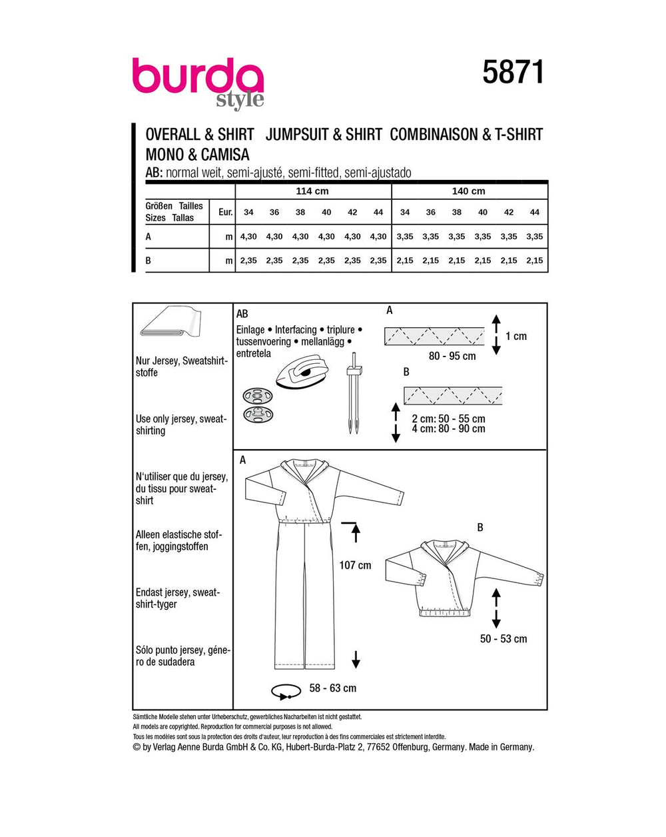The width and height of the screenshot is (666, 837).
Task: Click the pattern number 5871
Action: coord(513,73)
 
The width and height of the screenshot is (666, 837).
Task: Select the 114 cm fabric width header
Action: coord(312,191)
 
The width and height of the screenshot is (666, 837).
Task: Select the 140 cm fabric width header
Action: coord(469,191)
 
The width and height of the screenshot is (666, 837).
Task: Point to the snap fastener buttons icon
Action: coord(257,405)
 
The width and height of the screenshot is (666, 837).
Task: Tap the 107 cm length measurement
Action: coord(355,565)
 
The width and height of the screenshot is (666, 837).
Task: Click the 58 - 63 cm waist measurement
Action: coord(332,688)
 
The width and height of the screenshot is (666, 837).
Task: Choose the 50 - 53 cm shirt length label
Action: coord(503,638)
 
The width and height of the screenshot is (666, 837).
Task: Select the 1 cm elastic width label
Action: coord(515,336)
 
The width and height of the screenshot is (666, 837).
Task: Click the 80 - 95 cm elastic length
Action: coord(452,356)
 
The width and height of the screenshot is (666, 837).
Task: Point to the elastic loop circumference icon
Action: coord(286,690)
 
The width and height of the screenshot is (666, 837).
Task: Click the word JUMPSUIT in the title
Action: coord(298,135)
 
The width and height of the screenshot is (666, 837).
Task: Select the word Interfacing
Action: coord(296,330)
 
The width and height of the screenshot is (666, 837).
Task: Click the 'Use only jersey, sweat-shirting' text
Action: coord(181,424)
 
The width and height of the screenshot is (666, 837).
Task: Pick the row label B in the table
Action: coord(149,261)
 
